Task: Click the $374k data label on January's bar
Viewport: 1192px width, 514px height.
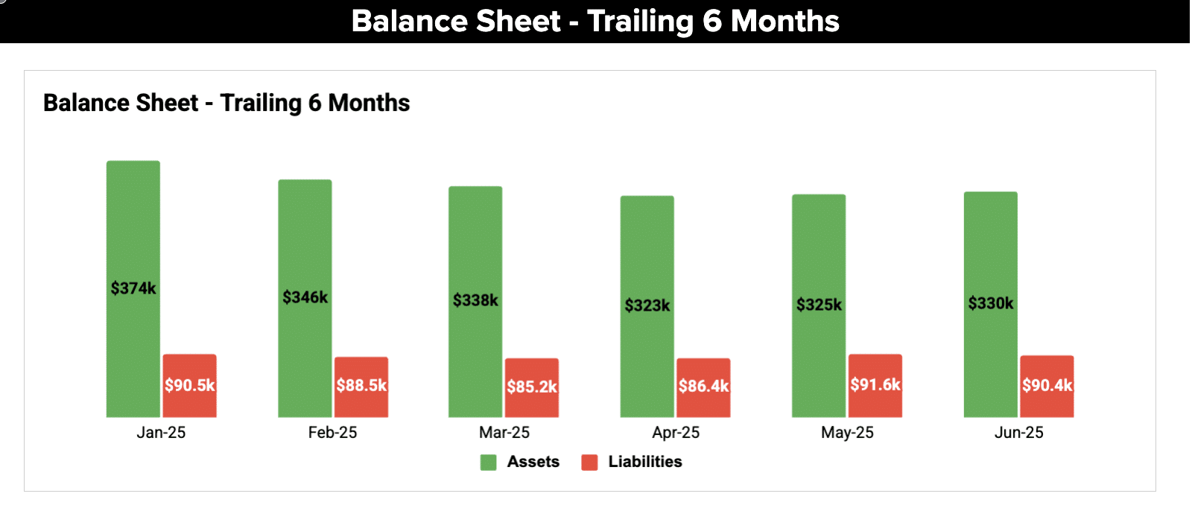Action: (133, 288)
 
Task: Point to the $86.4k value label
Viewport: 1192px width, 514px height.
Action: (703, 386)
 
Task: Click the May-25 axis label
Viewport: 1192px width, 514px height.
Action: (847, 433)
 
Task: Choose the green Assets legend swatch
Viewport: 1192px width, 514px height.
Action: (489, 462)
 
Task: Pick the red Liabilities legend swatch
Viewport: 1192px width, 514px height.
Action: (590, 462)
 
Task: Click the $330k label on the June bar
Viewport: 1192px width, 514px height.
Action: (991, 303)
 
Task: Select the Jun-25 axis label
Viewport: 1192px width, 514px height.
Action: (1018, 433)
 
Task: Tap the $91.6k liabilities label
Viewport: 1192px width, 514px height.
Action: (875, 384)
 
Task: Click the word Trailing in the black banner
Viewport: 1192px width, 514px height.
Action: (640, 21)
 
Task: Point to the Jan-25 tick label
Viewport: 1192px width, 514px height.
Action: (161, 433)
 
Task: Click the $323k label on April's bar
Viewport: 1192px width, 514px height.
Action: (647, 305)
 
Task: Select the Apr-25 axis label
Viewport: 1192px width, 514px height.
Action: (676, 433)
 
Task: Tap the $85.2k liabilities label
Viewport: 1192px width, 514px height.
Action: (532, 387)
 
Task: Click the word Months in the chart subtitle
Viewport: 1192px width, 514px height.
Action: (369, 103)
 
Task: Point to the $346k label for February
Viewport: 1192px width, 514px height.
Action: (305, 297)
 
